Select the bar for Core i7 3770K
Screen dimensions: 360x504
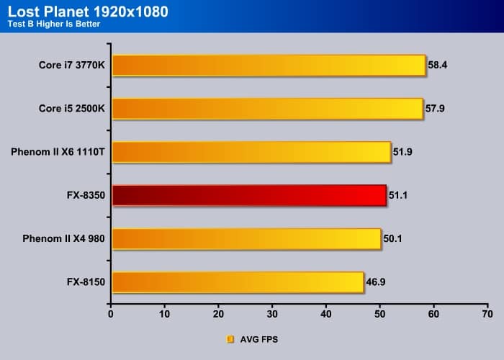pos(269,66)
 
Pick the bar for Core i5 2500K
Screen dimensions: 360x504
pos(267,109)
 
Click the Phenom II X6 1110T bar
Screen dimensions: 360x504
pos(251,152)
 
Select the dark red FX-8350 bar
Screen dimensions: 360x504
pos(249,195)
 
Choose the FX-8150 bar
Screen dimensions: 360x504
pos(238,282)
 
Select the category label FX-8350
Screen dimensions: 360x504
pos(86,195)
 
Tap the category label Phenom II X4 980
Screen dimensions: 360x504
pos(63,238)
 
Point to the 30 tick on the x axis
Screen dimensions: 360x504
pos(272,314)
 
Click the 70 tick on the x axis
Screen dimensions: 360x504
pos(487,314)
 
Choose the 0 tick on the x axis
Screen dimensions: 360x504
pos(111,314)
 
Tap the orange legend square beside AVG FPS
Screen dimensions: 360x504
pos(230,338)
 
